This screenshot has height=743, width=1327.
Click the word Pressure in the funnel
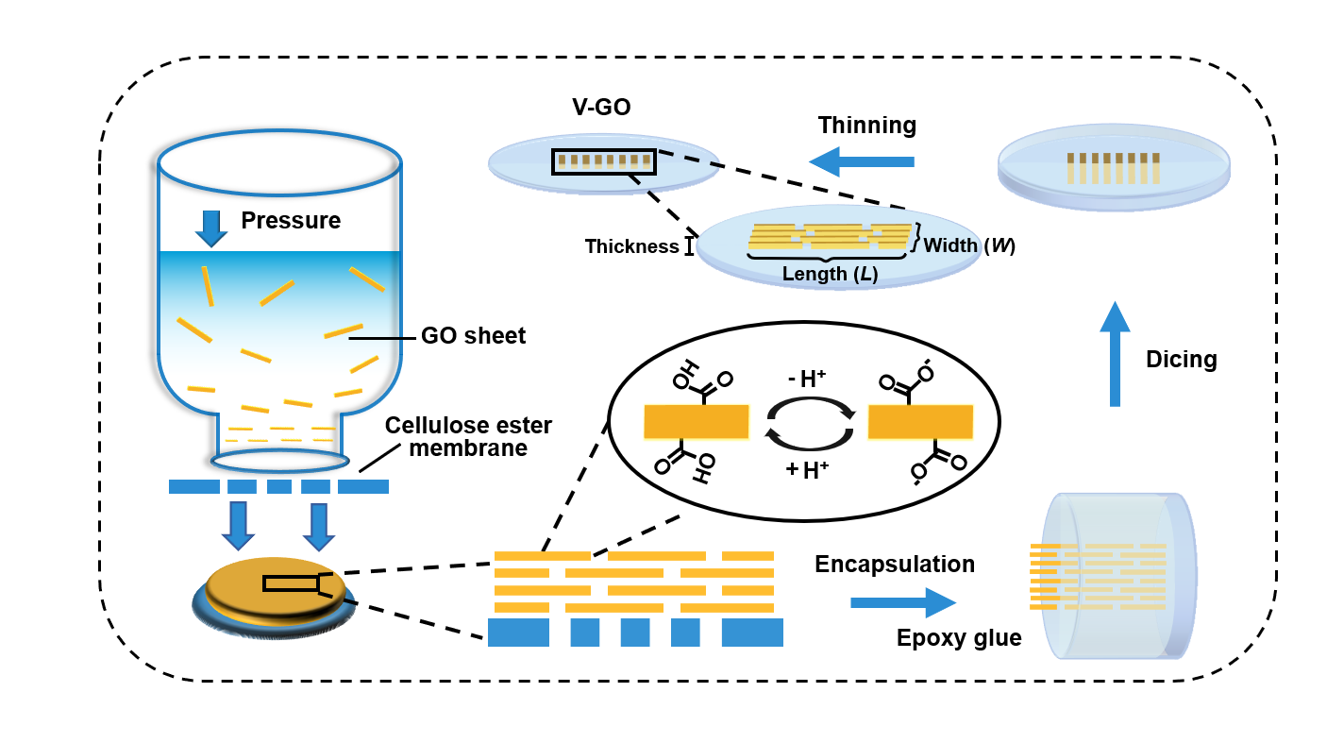tap(291, 221)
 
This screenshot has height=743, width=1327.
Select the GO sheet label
tap(473, 336)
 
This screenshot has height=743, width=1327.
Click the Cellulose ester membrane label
tap(468, 436)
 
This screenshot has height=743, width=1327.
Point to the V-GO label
tap(601, 108)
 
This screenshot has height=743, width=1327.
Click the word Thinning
tap(866, 126)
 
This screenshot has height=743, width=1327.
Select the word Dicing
tap(1181, 360)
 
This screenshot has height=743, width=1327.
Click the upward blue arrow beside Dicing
tap(1115, 354)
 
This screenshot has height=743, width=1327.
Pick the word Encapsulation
tap(894, 565)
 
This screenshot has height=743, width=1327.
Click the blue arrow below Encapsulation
tap(902, 602)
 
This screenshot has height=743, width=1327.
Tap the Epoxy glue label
tap(959, 638)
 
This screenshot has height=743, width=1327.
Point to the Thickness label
tap(631, 247)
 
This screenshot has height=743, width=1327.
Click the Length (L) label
tap(830, 275)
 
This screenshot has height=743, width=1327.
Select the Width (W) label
tap(969, 245)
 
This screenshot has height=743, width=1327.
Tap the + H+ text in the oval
tap(807, 469)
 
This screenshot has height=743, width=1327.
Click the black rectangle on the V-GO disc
tap(603, 160)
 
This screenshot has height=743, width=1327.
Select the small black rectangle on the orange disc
tap(291, 583)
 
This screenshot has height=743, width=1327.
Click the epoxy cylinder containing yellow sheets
tap(1118, 576)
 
